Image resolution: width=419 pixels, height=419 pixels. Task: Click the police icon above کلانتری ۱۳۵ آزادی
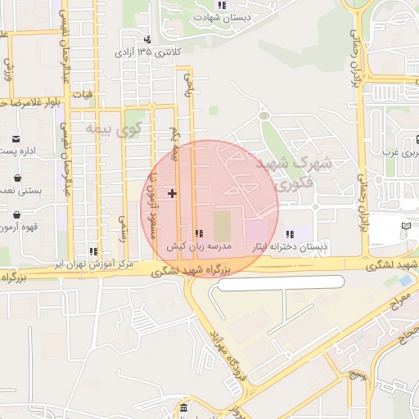pos(147,40)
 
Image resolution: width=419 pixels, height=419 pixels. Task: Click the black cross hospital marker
pos(172,193)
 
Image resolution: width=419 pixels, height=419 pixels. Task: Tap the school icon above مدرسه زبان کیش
pos(199,233)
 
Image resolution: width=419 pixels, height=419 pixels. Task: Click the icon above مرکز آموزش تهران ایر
pos(93,251)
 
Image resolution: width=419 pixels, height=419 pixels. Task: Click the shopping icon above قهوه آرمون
pos(17,215)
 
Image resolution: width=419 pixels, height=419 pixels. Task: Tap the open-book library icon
pos(408,226)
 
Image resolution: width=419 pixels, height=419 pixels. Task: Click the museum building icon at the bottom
pos(183,408)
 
